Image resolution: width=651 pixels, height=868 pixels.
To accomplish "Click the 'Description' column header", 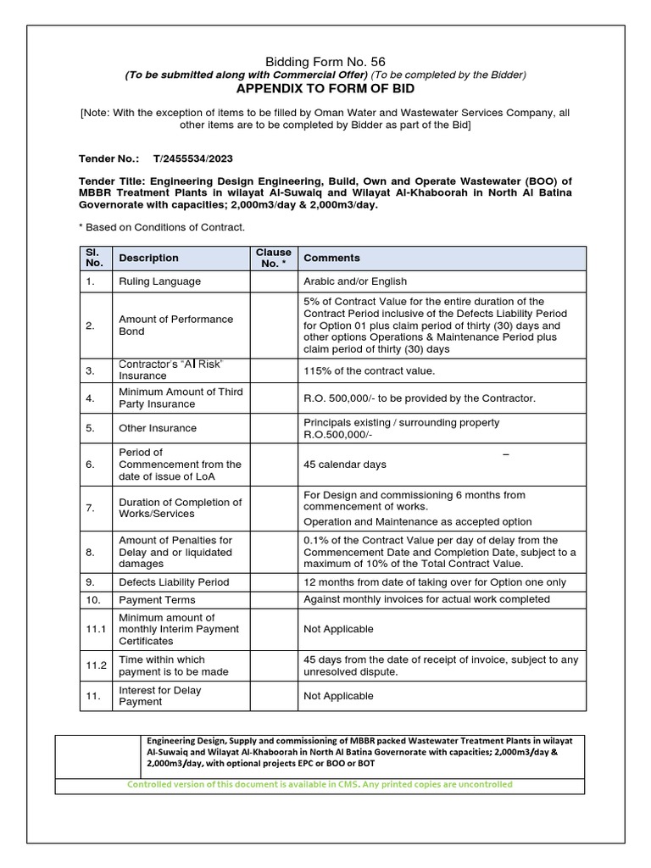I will (x=149, y=258).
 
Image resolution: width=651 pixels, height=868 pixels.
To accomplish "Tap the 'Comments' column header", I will (x=331, y=258).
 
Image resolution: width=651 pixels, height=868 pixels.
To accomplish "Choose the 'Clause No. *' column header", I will (x=273, y=258).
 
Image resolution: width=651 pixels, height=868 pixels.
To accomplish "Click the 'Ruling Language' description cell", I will (x=160, y=281).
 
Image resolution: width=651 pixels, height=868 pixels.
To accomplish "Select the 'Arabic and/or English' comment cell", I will (x=355, y=281).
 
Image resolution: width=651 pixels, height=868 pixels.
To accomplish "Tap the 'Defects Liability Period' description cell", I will (x=174, y=582).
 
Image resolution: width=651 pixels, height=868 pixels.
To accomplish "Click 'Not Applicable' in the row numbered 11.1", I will (x=338, y=630).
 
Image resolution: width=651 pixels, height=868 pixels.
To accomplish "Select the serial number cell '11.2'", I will (x=96, y=665).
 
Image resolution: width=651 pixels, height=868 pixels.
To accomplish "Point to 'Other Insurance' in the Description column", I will (x=158, y=428).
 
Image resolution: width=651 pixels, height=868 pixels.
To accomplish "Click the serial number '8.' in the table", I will (x=93, y=552).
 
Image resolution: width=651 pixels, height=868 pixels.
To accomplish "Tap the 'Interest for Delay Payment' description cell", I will (x=160, y=696).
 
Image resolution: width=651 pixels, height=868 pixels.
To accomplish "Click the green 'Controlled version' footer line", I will (x=320, y=785).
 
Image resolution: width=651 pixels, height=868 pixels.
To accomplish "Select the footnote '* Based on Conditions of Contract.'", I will (x=162, y=226).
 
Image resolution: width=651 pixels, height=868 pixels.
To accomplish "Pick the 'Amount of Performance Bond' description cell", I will (x=175, y=325).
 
